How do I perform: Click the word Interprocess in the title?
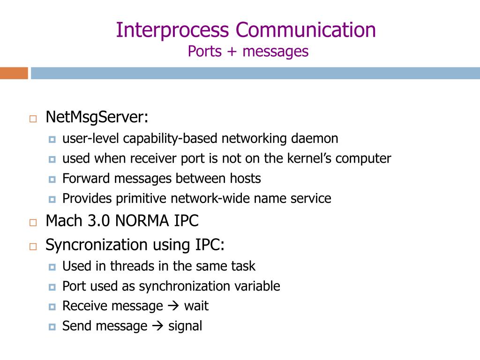click(172, 30)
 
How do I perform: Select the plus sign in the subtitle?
click(232, 52)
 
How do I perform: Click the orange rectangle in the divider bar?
click(14, 73)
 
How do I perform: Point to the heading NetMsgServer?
click(97, 117)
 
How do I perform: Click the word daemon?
click(315, 138)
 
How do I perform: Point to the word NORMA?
click(142, 221)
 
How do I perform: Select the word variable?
click(257, 286)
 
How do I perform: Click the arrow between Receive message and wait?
click(173, 306)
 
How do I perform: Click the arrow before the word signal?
click(157, 326)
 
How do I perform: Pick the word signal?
click(185, 326)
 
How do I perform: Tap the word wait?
click(196, 306)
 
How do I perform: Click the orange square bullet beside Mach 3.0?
click(33, 223)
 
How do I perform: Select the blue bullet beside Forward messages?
click(52, 180)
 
